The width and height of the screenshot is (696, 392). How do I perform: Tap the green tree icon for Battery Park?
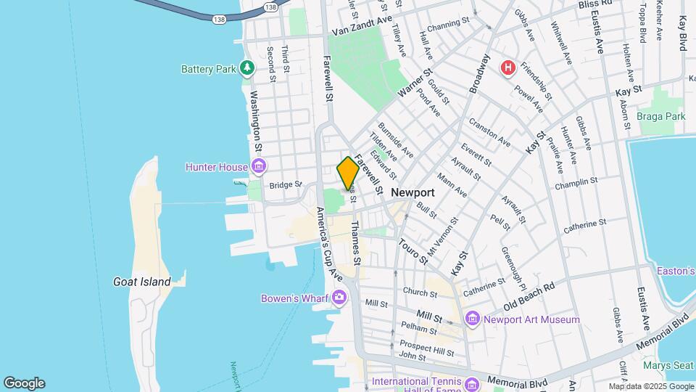[248, 68]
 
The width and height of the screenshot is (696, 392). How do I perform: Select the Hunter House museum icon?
[257, 167]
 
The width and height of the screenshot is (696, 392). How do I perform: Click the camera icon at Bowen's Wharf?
[339, 296]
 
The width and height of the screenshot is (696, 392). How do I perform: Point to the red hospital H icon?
[508, 68]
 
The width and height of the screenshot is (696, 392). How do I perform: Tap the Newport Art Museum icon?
[473, 319]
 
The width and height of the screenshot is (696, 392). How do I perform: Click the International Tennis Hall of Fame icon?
[473, 383]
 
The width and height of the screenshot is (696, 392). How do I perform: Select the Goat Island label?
[142, 282]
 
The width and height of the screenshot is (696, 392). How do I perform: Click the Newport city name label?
[413, 192]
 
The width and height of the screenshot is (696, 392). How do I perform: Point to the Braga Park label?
[660, 116]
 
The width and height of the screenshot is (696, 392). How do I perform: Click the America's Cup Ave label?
[328, 244]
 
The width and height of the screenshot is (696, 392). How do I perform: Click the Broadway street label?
[479, 73]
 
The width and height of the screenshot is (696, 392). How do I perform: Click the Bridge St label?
[285, 185]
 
